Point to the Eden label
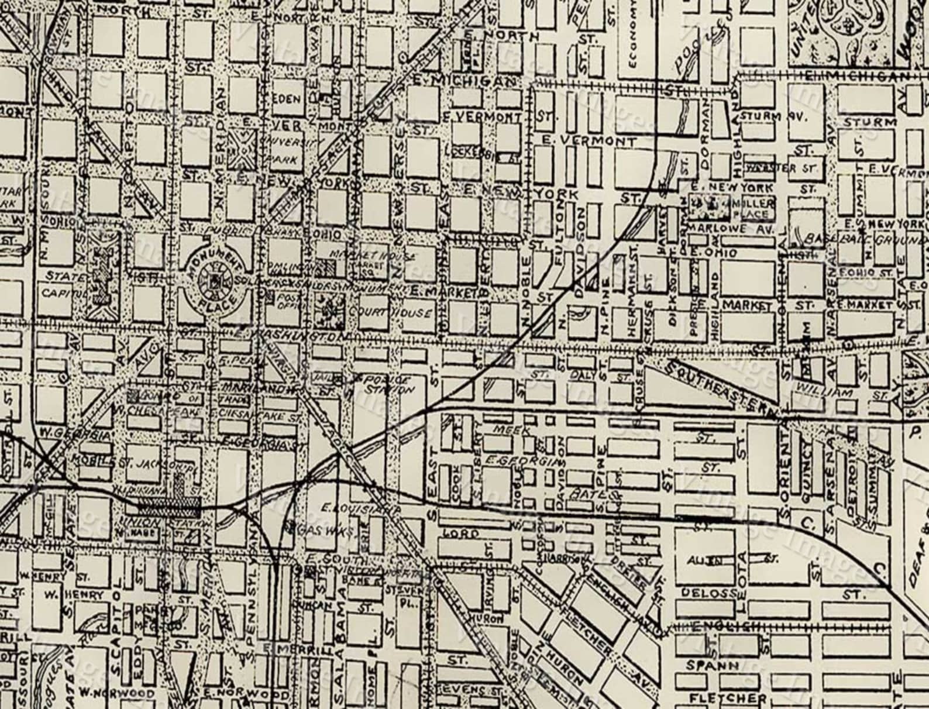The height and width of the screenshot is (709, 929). tap(287, 99)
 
